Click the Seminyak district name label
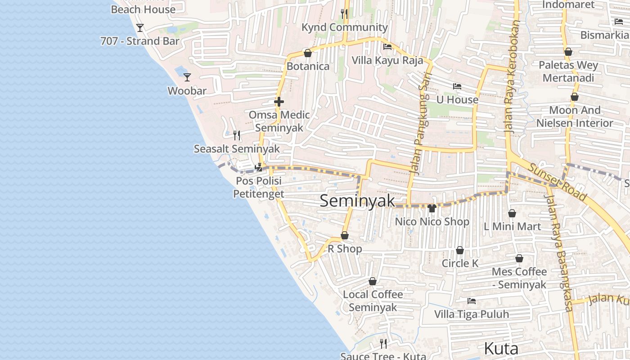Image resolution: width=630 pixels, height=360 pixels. pos(357,201)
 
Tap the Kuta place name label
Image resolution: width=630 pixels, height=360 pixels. pos(501,348)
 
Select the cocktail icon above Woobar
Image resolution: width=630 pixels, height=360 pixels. pos(187,77)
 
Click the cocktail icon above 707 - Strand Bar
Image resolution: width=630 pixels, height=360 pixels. pos(140,28)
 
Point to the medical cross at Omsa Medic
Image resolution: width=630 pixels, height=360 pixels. pos(279,102)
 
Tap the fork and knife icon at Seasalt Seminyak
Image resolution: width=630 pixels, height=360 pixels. pos(237,135)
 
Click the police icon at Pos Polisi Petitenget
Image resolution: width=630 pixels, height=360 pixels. pos(259,167)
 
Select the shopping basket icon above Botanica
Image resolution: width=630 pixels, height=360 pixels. pos(308,53)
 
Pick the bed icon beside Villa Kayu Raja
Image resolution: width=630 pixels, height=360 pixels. pos(387,46)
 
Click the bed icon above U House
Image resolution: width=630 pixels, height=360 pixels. pos(457,86)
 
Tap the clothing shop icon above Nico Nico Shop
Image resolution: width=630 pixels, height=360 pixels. pos(432,208)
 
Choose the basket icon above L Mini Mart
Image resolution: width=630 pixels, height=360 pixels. pos(512,213)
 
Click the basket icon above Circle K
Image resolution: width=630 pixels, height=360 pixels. pos(460,250)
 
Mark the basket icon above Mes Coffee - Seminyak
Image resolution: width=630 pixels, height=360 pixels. pos(519,258)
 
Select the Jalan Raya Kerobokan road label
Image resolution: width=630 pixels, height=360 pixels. pos(511,76)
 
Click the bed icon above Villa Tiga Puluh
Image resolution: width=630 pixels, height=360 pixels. pos(472,301)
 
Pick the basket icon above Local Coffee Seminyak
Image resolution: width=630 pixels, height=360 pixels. pos(373,281)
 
